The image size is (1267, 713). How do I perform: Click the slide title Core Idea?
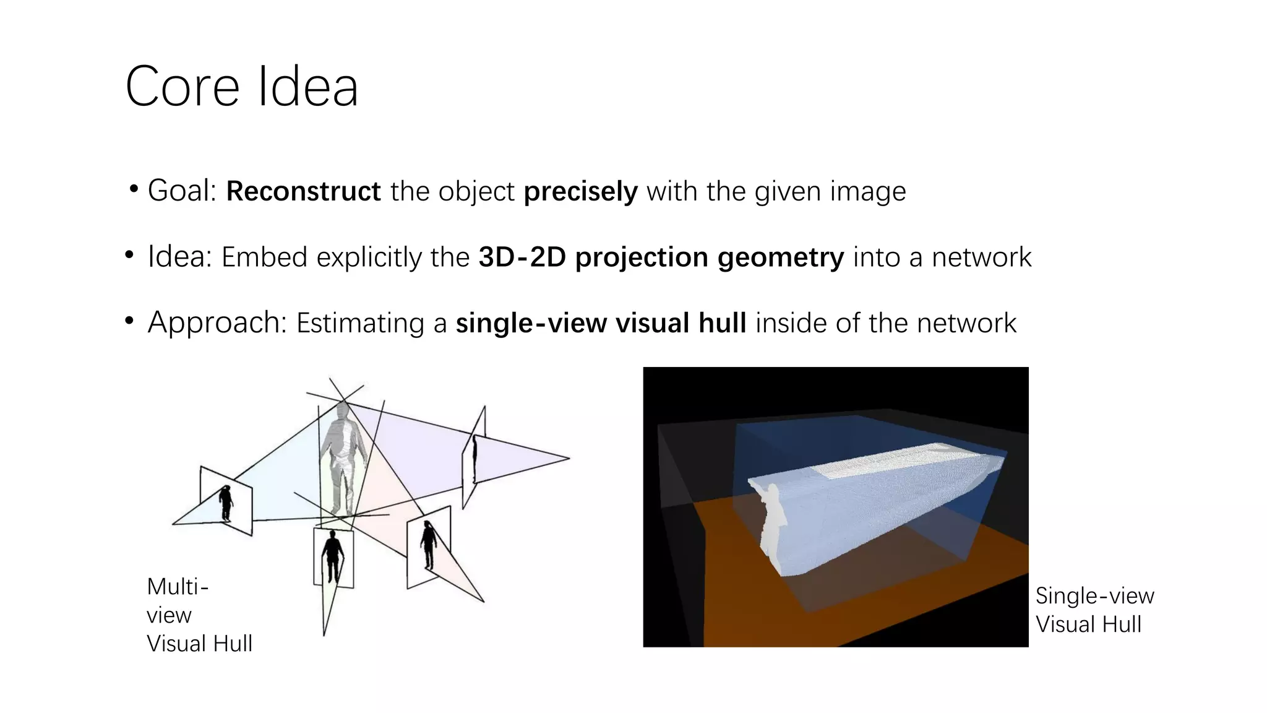(241, 87)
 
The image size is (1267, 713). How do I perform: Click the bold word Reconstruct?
(303, 191)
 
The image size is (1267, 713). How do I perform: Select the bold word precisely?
(580, 191)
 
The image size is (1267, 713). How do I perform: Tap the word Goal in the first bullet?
(179, 191)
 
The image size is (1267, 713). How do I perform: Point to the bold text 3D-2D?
(522, 257)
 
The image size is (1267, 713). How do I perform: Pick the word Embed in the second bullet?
(264, 257)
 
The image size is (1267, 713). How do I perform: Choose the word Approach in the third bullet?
(214, 322)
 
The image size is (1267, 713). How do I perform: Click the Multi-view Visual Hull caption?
(199, 615)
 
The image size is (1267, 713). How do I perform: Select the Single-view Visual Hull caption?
(1094, 610)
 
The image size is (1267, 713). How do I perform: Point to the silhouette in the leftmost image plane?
(226, 503)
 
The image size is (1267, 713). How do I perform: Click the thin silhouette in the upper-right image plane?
(475, 459)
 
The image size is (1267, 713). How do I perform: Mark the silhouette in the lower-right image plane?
(428, 545)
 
